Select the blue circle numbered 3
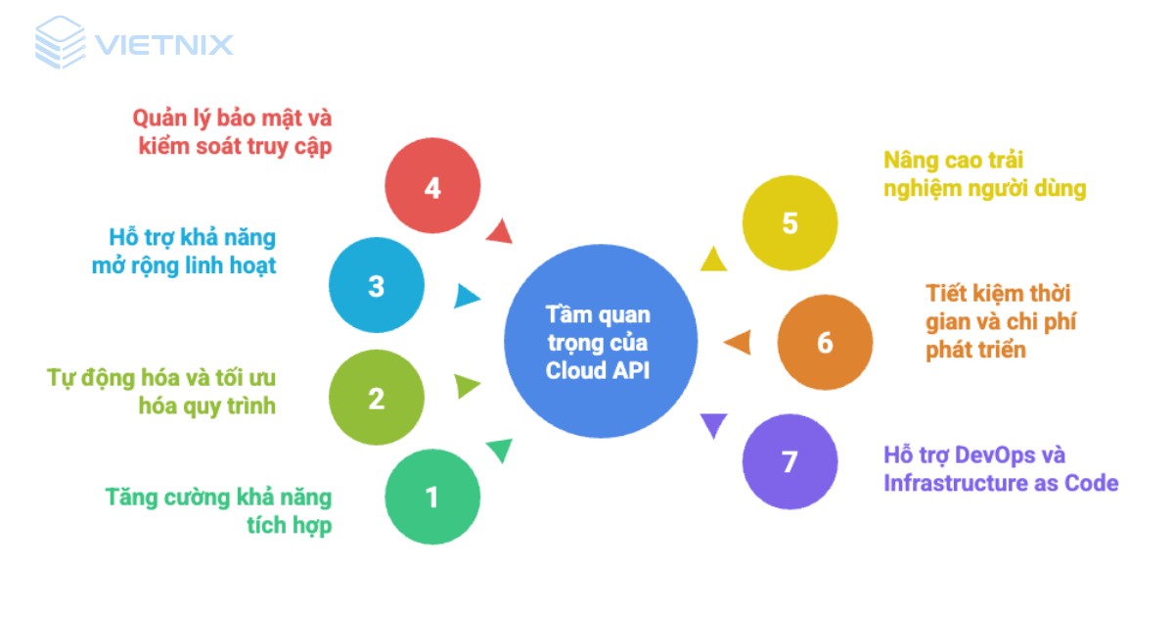[377, 287]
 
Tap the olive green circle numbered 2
[377, 399]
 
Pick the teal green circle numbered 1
[432, 498]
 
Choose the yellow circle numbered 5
[790, 222]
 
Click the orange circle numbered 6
[825, 343]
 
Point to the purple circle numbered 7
[790, 461]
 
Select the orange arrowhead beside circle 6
[738, 343]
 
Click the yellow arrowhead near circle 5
[713, 259]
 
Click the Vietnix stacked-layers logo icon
[60, 43]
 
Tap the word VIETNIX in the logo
[163, 45]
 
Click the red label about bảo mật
[233, 132]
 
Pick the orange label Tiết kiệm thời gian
[1001, 320]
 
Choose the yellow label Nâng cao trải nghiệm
[984, 174]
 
